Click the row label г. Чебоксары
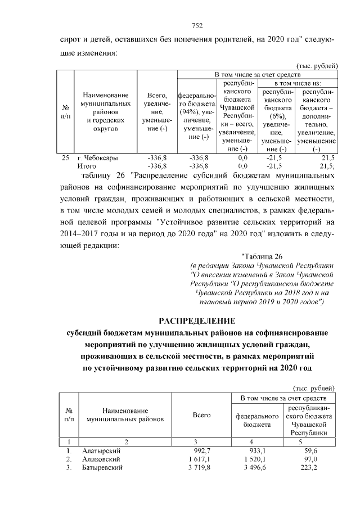coord(97,158)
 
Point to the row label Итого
coord(87,166)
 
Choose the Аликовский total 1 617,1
coord(199,459)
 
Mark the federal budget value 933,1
coord(258,451)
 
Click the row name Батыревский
coord(102,467)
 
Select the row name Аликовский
coord(101,459)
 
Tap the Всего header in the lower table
coord(201,415)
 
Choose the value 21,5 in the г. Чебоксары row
coord(327,158)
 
